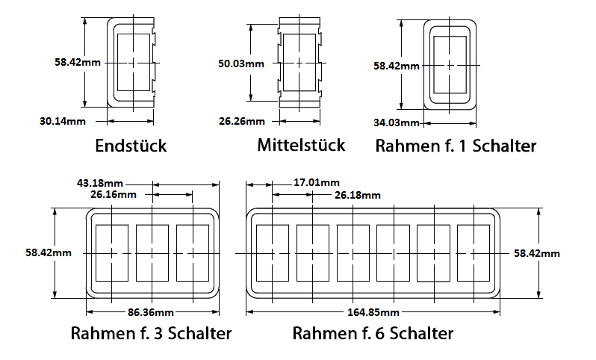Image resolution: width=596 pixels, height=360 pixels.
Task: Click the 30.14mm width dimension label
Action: [x=63, y=121]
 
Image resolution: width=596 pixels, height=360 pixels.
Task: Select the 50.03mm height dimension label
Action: [x=241, y=63]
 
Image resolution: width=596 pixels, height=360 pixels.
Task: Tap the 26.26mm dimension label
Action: [x=242, y=121]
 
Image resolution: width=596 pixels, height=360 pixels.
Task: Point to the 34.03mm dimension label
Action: [x=397, y=122]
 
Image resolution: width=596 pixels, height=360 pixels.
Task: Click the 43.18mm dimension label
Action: [x=100, y=183]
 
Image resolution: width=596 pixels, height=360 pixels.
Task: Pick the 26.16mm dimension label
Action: [x=114, y=195]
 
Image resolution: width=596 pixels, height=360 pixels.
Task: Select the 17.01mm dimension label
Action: [x=316, y=182]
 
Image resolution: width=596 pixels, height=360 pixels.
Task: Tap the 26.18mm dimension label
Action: [x=357, y=196]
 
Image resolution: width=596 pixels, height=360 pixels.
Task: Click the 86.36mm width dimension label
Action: [x=151, y=312]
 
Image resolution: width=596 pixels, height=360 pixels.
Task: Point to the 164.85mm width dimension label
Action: [x=373, y=312]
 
